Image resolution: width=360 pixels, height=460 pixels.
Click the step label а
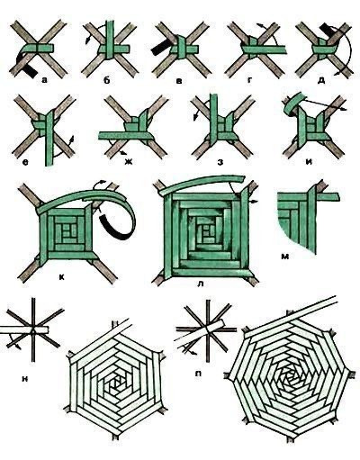pos(45,80)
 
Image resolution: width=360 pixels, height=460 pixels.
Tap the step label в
pos(179,81)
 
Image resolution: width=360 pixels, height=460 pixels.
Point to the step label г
pos(249,80)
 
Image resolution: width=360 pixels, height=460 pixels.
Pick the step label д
pos(321,81)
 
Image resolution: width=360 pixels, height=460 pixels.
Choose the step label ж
pos(129,162)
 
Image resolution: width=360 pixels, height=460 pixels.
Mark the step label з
pos(220,162)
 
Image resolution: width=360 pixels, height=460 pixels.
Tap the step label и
pos(309,162)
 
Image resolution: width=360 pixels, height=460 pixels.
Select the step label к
pos(62,277)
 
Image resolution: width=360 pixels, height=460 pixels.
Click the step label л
pos(201,284)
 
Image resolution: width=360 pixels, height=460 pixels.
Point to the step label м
pos(284,257)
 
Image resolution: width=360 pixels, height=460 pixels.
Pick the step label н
pos(25,379)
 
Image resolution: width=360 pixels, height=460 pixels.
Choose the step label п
pos(198,374)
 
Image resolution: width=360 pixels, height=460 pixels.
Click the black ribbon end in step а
pos(30,69)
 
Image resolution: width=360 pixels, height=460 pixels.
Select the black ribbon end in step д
pos(327,31)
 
